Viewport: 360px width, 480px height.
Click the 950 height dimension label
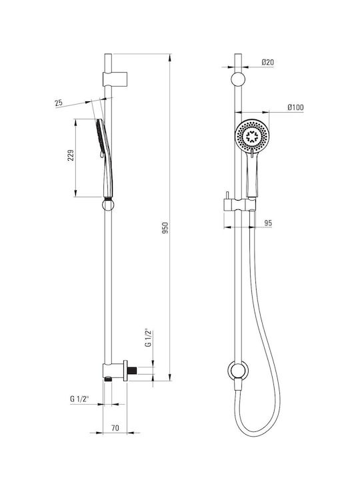coord(165,228)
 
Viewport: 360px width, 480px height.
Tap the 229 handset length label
coord(71,155)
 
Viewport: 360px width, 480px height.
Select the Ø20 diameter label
coord(268,63)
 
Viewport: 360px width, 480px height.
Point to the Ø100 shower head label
coord(295,107)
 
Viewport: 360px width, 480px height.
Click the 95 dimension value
coord(268,223)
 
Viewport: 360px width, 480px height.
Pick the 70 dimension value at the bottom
coord(115,427)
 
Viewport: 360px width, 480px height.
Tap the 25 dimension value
coord(59,103)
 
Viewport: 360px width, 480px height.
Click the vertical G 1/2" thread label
coord(148,338)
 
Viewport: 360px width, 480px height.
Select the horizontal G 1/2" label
coord(79,399)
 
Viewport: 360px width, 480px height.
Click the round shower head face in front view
coord(252,135)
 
